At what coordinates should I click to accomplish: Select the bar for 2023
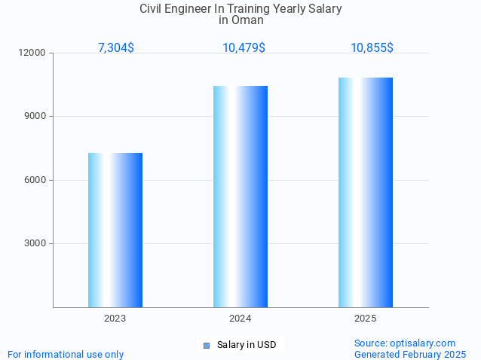(x=115, y=230)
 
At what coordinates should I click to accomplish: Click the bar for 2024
(x=240, y=197)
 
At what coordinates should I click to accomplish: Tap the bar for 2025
(x=366, y=192)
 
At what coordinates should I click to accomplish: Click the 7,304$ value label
(x=116, y=47)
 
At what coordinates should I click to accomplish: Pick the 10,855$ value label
(x=372, y=47)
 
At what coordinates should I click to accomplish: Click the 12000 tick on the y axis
(x=32, y=53)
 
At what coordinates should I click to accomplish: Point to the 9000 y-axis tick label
(x=35, y=117)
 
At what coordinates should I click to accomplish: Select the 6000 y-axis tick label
(x=35, y=180)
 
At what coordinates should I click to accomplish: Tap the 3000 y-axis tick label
(x=35, y=243)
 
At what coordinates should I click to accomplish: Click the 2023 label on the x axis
(x=115, y=319)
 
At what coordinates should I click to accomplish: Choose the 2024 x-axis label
(x=240, y=319)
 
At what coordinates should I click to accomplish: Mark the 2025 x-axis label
(x=366, y=319)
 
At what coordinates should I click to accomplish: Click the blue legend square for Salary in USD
(x=206, y=346)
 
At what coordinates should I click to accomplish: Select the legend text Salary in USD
(x=247, y=345)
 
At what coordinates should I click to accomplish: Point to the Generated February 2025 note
(x=410, y=354)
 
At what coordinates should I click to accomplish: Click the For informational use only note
(x=66, y=354)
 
